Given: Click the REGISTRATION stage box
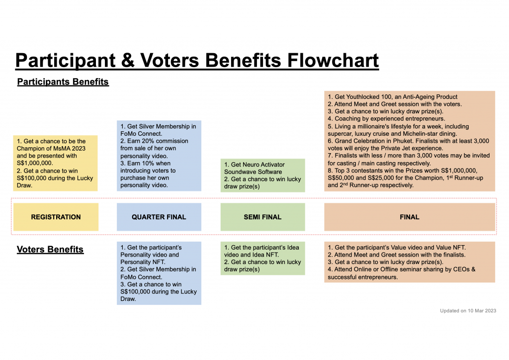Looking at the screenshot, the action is click(56, 217).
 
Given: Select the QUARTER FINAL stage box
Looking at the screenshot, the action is click(159, 217).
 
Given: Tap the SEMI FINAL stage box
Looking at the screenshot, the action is click(262, 217).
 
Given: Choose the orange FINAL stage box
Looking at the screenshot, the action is click(410, 217).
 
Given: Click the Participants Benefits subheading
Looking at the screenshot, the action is click(63, 82).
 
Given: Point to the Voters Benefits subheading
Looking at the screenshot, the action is click(50, 249).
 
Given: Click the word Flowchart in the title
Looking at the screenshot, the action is click(333, 60).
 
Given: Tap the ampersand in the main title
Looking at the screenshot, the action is click(128, 60).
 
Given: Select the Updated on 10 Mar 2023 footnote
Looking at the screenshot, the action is click(468, 311).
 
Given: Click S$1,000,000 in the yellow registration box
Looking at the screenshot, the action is click(35, 163).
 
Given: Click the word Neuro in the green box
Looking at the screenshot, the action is click(251, 165).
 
